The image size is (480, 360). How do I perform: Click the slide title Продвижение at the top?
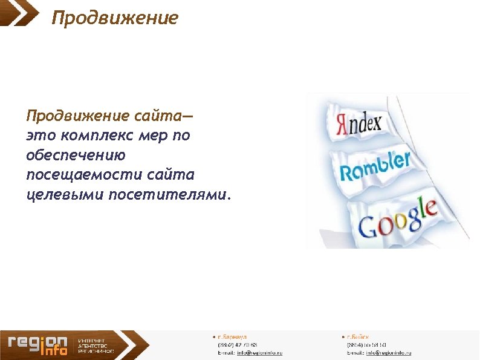click(115, 18)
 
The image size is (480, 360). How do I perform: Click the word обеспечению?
click(76, 155)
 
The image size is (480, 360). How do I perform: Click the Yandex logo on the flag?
click(358, 125)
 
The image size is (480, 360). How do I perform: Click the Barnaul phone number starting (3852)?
click(238, 344)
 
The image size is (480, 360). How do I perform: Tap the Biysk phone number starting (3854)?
click(366, 344)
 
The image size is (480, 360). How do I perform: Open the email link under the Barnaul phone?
click(259, 352)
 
